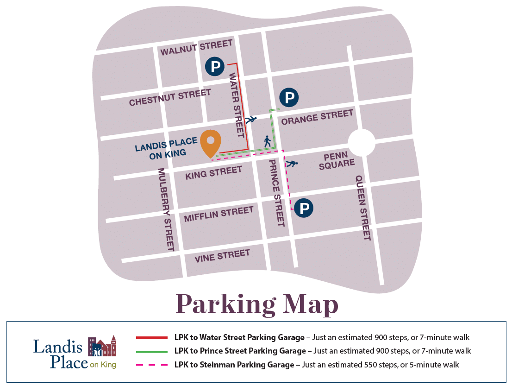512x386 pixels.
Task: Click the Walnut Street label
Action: click(x=196, y=47)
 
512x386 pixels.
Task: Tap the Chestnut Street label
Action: click(x=170, y=98)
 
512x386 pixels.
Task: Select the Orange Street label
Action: click(x=317, y=117)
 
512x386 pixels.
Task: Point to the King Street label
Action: click(x=213, y=173)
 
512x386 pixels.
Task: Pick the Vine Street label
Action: click(x=222, y=255)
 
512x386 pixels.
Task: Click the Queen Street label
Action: click(x=363, y=207)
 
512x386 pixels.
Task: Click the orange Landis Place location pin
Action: click(x=211, y=143)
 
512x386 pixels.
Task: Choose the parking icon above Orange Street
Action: click(x=289, y=98)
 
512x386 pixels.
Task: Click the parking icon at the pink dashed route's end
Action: click(x=304, y=209)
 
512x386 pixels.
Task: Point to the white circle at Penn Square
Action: click(x=361, y=142)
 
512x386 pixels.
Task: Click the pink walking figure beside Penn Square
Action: click(x=292, y=163)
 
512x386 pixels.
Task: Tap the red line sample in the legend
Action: click(x=151, y=337)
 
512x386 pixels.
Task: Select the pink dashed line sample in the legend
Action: click(x=151, y=365)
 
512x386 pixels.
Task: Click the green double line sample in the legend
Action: click(x=151, y=351)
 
